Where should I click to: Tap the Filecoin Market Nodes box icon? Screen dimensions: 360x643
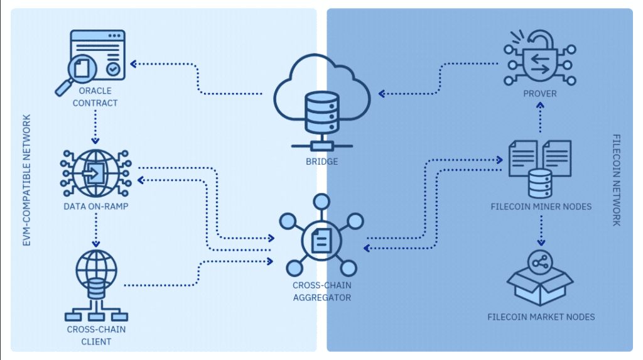coord(541,280)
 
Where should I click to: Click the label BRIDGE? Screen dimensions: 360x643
coord(322,162)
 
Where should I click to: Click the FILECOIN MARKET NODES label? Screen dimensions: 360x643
coord(541,317)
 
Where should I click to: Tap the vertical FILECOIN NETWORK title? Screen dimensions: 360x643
coord(616,180)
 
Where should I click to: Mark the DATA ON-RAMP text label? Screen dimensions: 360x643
coord(95,205)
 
